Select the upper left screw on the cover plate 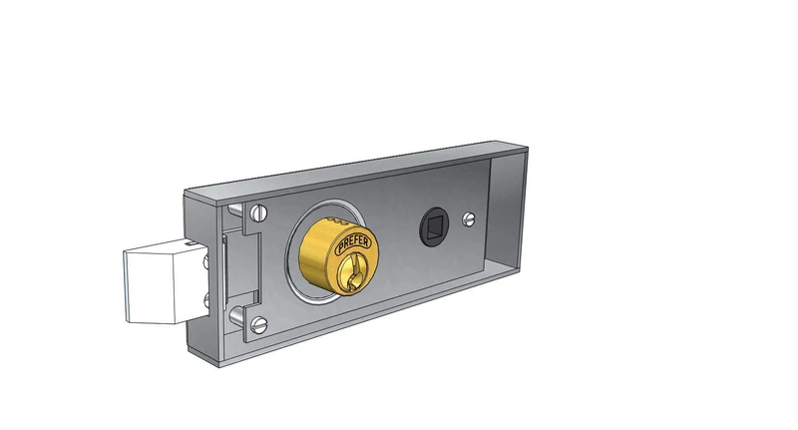[x=261, y=212]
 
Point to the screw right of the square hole [x=470, y=217]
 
